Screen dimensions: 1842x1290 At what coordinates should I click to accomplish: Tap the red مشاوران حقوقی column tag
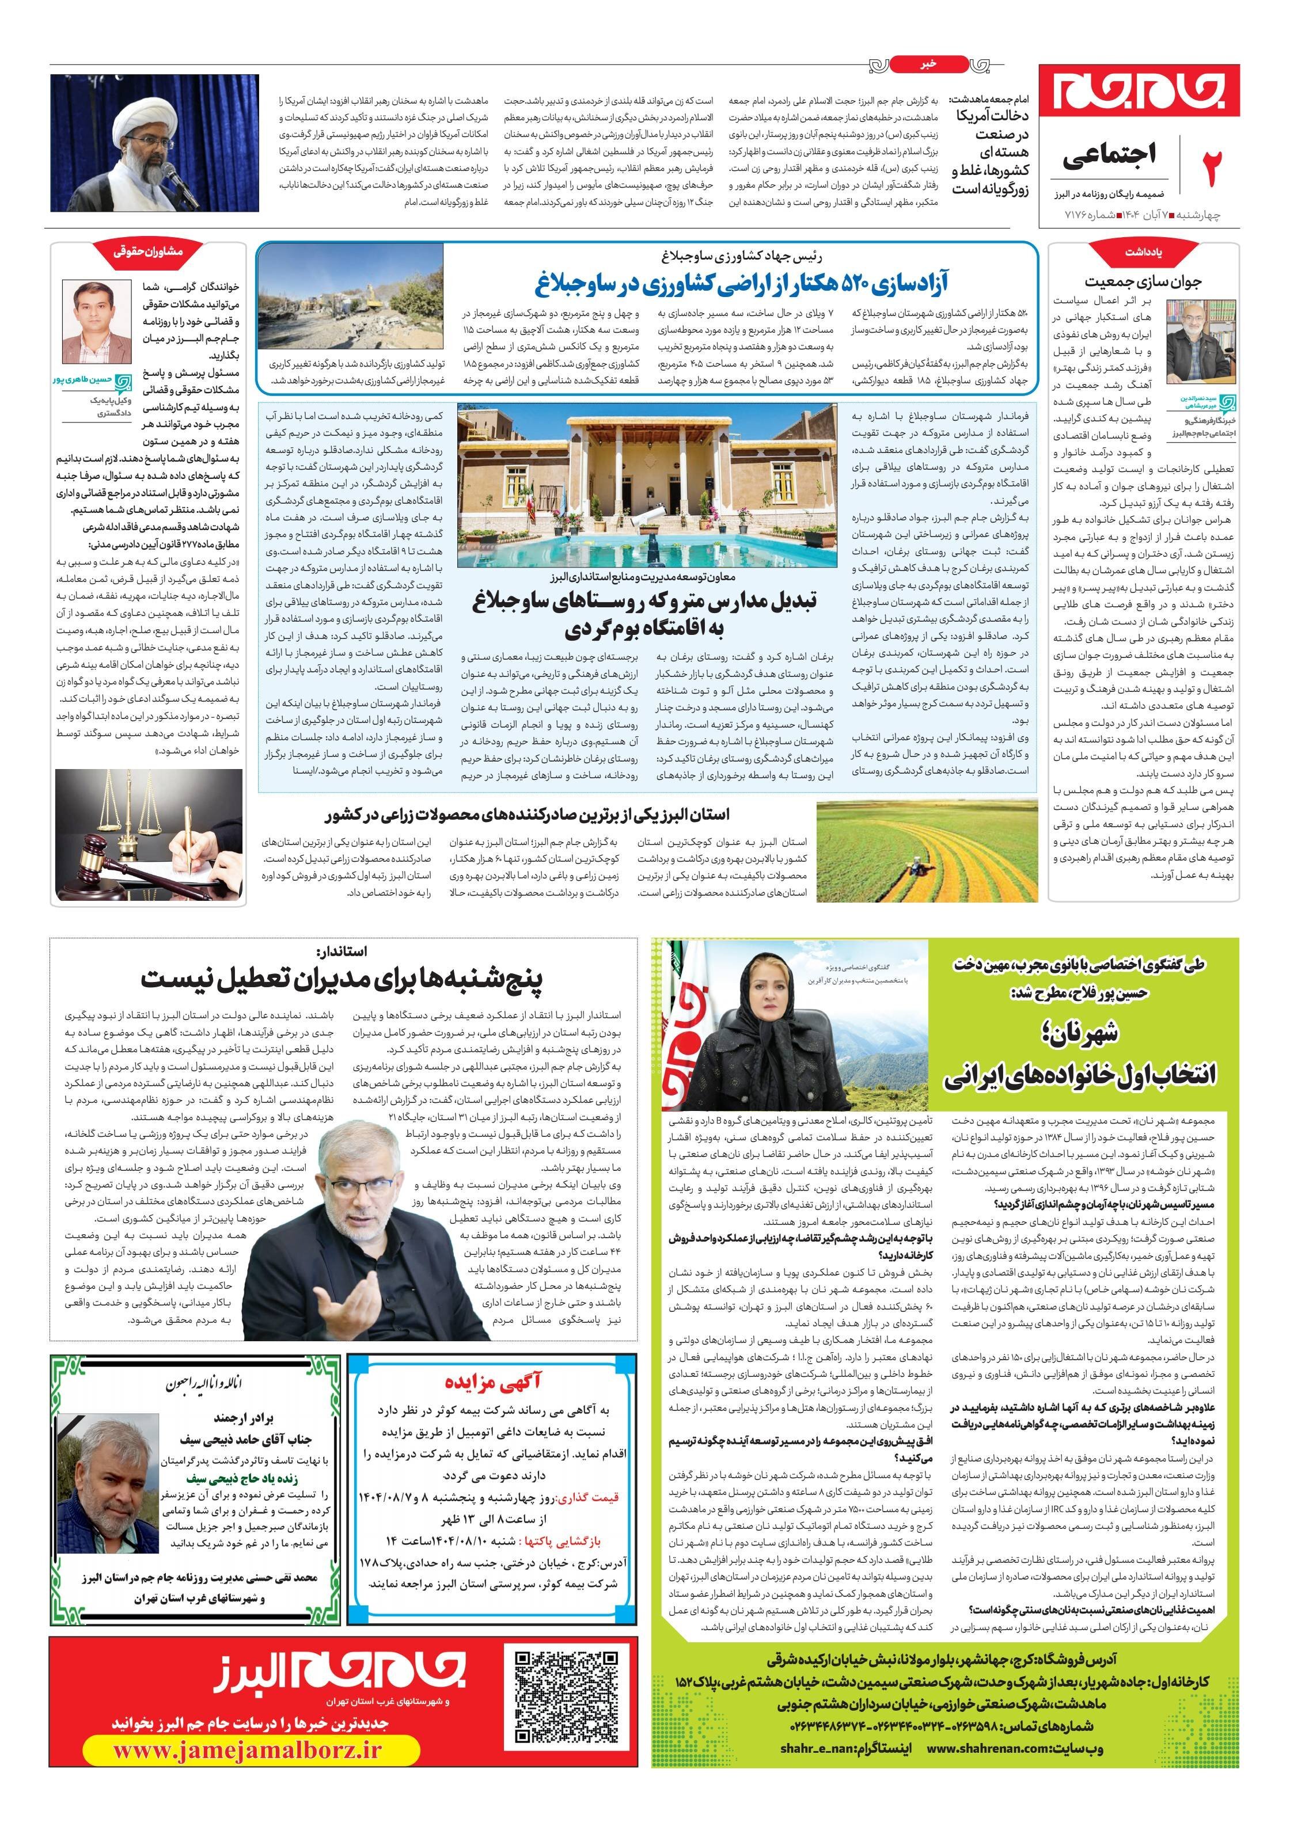click(x=149, y=250)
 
